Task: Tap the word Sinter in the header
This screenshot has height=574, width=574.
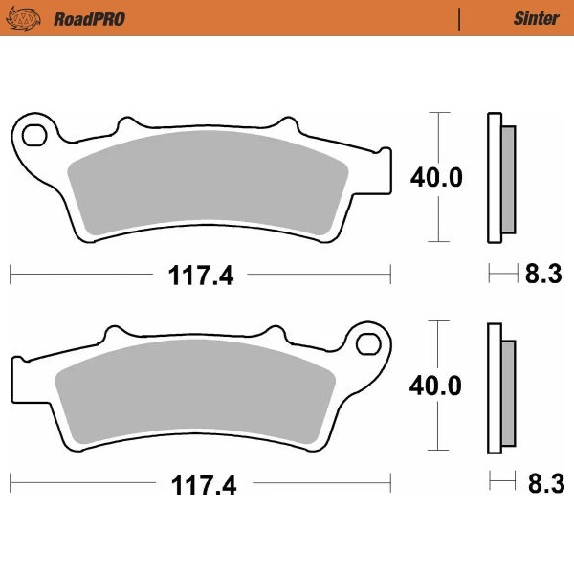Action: click(x=530, y=18)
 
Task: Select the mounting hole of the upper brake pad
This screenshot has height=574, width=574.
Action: click(x=34, y=131)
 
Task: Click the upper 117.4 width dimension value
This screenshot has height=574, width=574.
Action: click(x=201, y=276)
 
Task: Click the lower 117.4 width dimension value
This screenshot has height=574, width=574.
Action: click(x=201, y=485)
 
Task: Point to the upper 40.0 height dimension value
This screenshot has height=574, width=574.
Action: click(x=436, y=178)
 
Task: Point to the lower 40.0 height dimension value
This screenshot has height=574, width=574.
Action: click(x=436, y=386)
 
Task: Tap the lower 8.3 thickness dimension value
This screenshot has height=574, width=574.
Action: click(x=542, y=484)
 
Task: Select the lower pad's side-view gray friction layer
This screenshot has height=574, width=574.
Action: click(x=507, y=391)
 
